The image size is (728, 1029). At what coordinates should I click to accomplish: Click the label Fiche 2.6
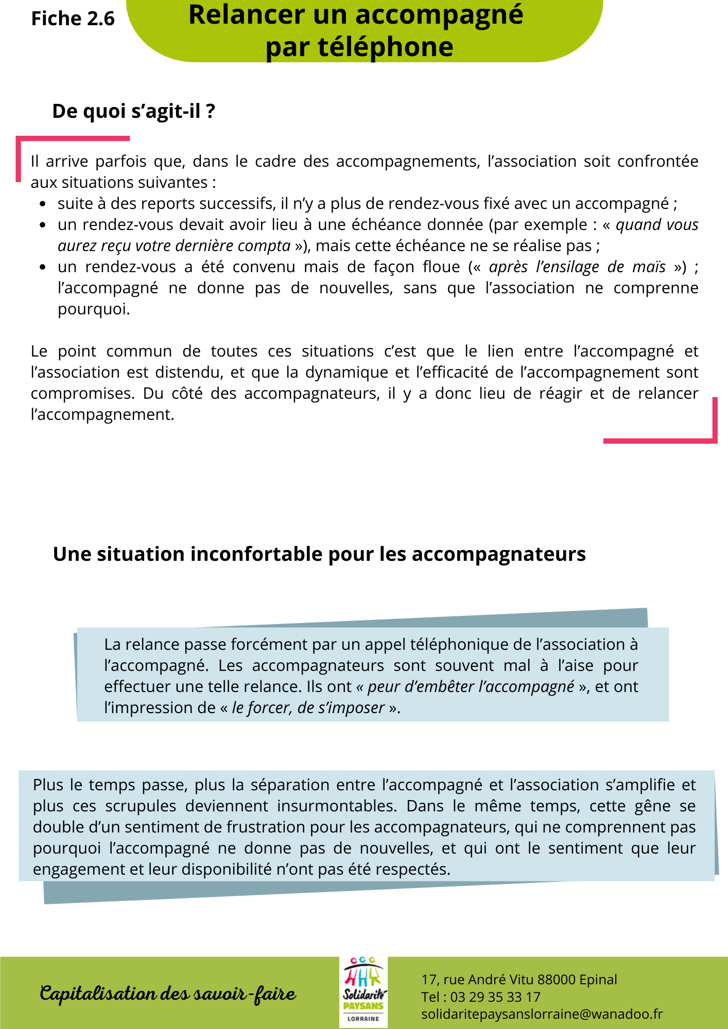73,19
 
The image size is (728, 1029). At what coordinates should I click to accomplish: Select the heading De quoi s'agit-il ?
133,111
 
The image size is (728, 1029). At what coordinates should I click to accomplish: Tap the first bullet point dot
43,204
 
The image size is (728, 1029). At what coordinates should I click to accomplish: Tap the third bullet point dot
43,268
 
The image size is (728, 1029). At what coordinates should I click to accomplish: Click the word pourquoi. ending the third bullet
94,309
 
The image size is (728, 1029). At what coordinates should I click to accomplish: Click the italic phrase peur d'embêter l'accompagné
471,687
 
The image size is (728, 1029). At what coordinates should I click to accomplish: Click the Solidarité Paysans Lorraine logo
363,992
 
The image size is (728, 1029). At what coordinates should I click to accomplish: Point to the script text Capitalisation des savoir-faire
168,993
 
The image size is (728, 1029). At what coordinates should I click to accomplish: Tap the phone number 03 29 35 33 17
495,997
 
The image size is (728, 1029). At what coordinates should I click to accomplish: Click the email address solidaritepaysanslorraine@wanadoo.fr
542,1014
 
